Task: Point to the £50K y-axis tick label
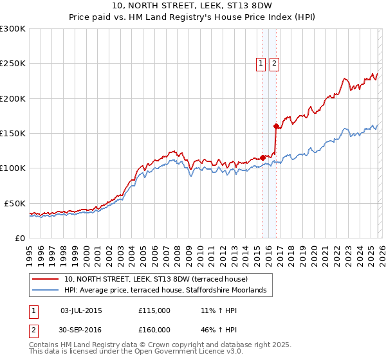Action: (15, 203)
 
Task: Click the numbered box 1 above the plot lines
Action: (261, 63)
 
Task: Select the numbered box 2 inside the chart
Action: (275, 63)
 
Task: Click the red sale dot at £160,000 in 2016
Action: (276, 126)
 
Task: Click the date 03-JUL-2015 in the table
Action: (81, 310)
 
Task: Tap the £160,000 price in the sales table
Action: (154, 329)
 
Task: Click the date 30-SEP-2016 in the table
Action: (81, 329)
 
